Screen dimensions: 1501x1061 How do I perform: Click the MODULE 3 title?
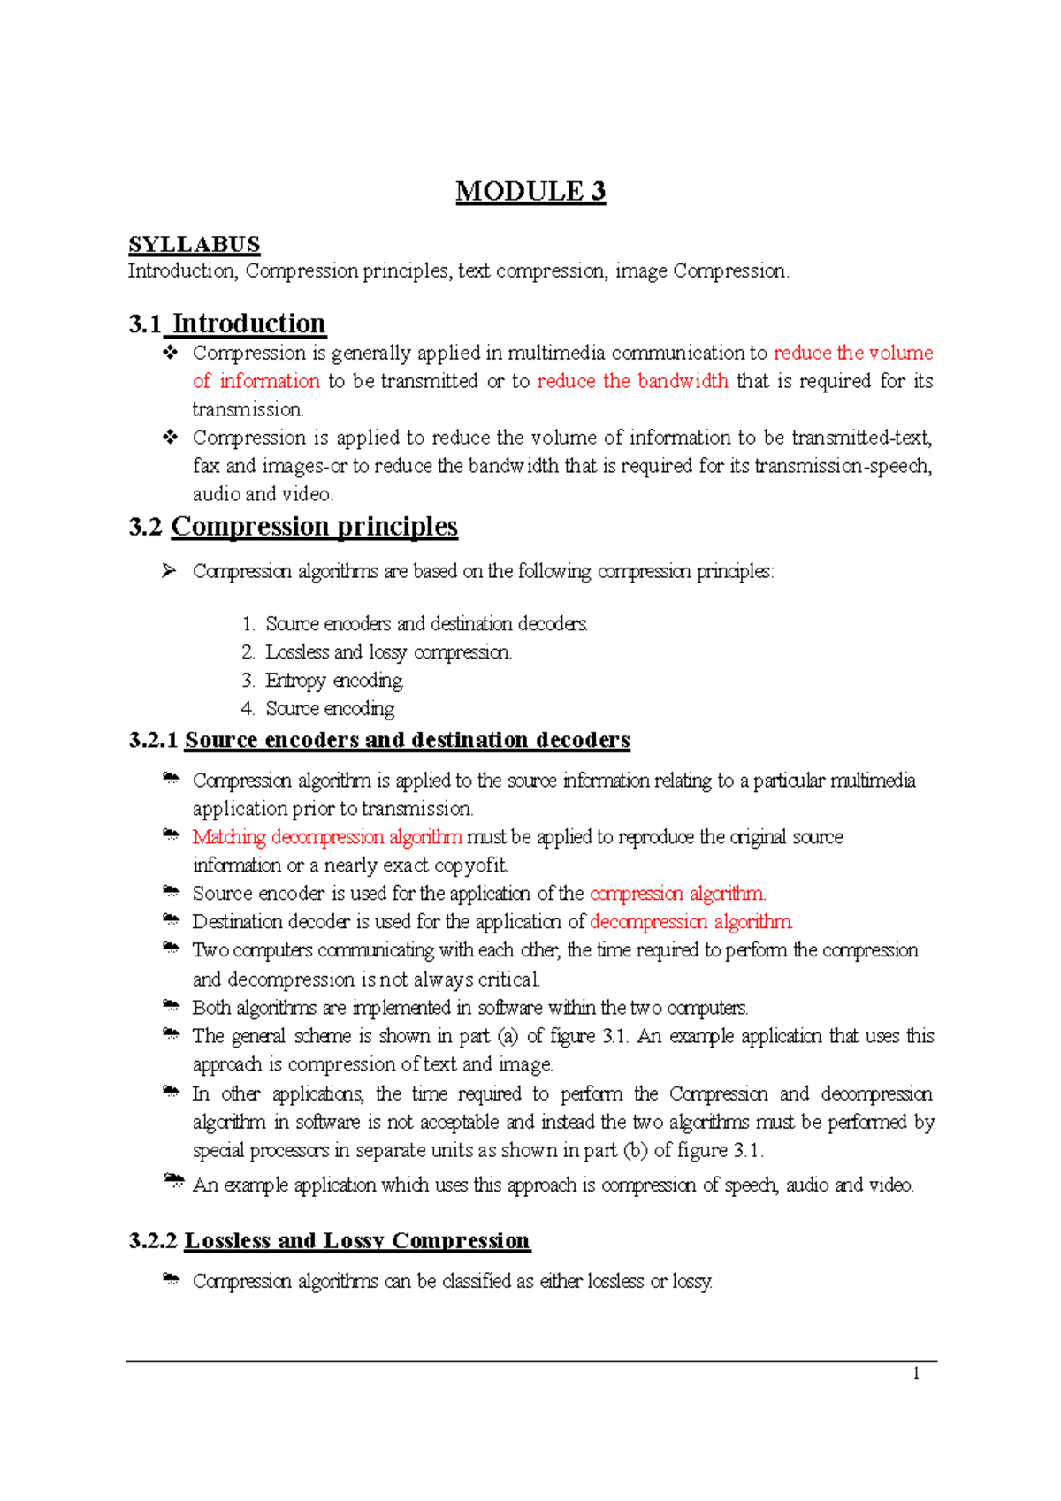tap(530, 192)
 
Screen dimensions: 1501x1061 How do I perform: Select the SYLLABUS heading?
tap(194, 245)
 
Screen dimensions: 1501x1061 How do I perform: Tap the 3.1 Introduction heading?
tap(227, 324)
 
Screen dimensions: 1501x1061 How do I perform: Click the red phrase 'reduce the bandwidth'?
tap(632, 381)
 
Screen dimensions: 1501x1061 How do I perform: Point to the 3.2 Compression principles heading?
tap(293, 527)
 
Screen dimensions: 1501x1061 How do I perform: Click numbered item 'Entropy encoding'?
tap(334, 681)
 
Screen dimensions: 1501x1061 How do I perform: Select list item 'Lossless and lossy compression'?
tap(387, 652)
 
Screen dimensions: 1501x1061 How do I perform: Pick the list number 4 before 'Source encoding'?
tap(248, 709)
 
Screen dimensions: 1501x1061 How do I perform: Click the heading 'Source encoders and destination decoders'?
tap(407, 740)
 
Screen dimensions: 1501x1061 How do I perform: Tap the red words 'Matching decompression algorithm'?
tap(326, 837)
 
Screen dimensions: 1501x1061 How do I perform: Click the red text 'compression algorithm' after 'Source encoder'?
tap(677, 894)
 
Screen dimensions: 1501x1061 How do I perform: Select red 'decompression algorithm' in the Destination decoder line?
tap(691, 922)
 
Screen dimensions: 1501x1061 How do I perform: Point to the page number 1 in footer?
tap(916, 1373)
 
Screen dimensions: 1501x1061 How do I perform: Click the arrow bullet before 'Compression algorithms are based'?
tap(169, 571)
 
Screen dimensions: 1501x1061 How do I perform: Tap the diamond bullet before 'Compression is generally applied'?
tap(170, 353)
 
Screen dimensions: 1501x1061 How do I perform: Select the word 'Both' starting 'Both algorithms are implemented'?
tap(210, 1008)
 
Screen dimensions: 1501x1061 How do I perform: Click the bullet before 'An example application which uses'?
tap(173, 1181)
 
